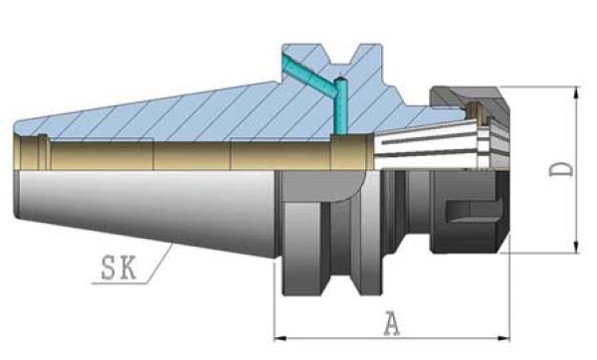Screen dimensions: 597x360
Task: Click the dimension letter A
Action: coord(392,323)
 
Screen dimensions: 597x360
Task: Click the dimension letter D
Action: coord(561,169)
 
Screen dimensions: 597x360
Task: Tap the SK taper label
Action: coord(118,268)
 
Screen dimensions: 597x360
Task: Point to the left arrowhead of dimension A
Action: coord(281,338)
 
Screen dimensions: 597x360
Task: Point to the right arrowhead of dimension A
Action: coord(504,338)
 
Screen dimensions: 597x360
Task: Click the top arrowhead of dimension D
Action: coord(576,92)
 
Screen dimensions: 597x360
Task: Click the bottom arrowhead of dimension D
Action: coord(576,247)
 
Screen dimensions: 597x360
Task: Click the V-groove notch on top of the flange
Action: coord(340,57)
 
